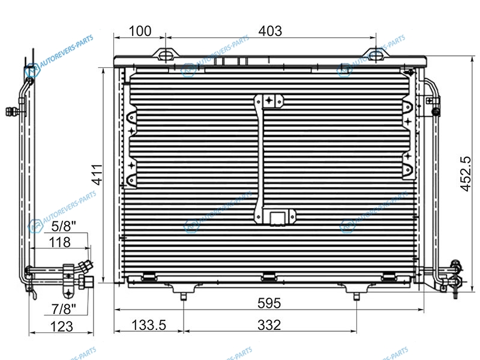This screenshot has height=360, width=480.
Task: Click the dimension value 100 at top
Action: click(x=140, y=31)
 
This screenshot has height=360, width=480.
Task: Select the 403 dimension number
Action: click(x=270, y=31)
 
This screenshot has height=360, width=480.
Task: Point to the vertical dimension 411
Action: click(x=97, y=175)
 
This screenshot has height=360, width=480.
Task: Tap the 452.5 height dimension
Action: click(x=466, y=173)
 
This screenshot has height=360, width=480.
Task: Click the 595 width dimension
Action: click(x=269, y=303)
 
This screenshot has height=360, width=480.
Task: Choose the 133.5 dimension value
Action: click(x=149, y=325)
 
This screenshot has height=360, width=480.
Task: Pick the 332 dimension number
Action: click(x=269, y=325)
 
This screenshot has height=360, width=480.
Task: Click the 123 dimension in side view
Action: click(x=62, y=326)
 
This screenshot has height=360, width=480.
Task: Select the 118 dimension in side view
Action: click(x=60, y=242)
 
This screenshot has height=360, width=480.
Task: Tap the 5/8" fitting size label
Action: click(x=64, y=226)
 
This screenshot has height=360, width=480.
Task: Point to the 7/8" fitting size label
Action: click(x=64, y=309)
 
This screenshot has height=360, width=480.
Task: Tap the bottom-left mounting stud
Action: click(x=183, y=296)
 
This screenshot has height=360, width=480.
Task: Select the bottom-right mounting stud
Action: click(x=356, y=296)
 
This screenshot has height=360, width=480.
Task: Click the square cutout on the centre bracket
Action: click(x=278, y=218)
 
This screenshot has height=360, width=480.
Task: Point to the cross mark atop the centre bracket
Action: click(x=269, y=100)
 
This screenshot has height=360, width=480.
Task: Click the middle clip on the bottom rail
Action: click(x=269, y=277)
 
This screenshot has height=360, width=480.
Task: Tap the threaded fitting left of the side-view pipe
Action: click(x=12, y=112)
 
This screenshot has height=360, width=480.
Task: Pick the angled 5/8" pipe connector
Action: click(x=86, y=266)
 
